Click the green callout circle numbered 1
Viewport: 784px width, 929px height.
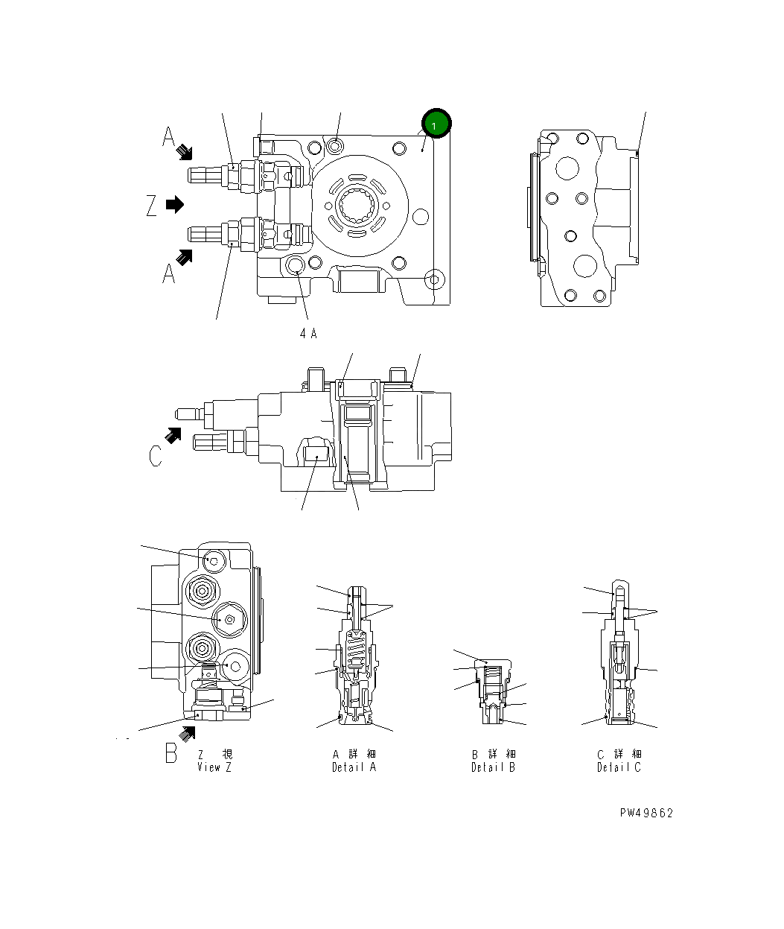(436, 124)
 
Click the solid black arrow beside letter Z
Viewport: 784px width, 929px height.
(175, 204)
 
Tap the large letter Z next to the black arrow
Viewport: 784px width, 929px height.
(152, 205)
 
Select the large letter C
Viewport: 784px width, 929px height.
(155, 455)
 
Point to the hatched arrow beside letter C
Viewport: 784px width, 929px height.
(173, 435)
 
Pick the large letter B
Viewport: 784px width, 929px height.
(170, 752)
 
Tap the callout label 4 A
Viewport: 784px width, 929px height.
(308, 334)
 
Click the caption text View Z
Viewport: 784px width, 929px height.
(214, 767)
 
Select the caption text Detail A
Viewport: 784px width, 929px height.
(354, 767)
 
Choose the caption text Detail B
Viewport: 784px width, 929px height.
(493, 767)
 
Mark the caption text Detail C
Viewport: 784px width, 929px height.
(619, 767)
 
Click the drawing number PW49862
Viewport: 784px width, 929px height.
(646, 813)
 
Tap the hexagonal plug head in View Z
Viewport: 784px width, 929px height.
(229, 618)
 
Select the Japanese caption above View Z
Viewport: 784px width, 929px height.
(214, 754)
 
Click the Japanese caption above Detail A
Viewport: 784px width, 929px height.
(354, 754)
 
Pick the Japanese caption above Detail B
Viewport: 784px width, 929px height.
(493, 754)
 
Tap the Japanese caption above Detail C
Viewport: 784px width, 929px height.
(619, 754)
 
